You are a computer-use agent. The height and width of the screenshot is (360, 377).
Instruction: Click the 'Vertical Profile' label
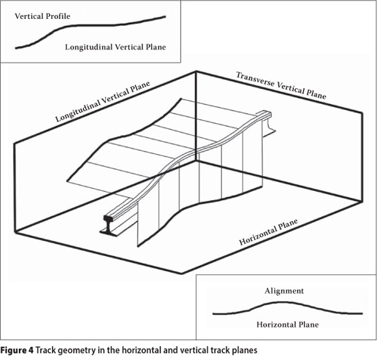(x=42, y=16)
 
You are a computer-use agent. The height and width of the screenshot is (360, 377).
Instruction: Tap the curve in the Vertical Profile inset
(x=90, y=25)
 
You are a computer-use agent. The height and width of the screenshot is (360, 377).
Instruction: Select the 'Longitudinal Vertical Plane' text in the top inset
(x=116, y=47)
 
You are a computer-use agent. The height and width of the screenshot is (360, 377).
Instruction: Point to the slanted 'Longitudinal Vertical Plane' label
(x=103, y=101)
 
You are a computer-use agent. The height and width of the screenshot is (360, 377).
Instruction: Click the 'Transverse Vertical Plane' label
(x=281, y=86)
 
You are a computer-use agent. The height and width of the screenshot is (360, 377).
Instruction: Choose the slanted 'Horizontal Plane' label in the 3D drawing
(x=268, y=232)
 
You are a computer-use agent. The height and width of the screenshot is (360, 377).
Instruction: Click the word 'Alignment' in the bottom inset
(x=284, y=291)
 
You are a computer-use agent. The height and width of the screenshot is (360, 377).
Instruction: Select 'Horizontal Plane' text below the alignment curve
(x=287, y=325)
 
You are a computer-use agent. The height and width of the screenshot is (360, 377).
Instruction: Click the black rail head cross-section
(x=108, y=218)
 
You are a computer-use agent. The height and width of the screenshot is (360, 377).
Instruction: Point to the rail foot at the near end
(x=109, y=232)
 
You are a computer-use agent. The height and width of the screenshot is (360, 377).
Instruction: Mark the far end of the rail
(x=267, y=114)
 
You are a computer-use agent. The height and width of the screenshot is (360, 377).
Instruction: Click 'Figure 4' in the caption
(x=17, y=350)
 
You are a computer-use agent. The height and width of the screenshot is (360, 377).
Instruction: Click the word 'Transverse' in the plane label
(x=255, y=79)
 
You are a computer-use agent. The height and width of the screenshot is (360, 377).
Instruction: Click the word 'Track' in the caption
(x=45, y=350)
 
